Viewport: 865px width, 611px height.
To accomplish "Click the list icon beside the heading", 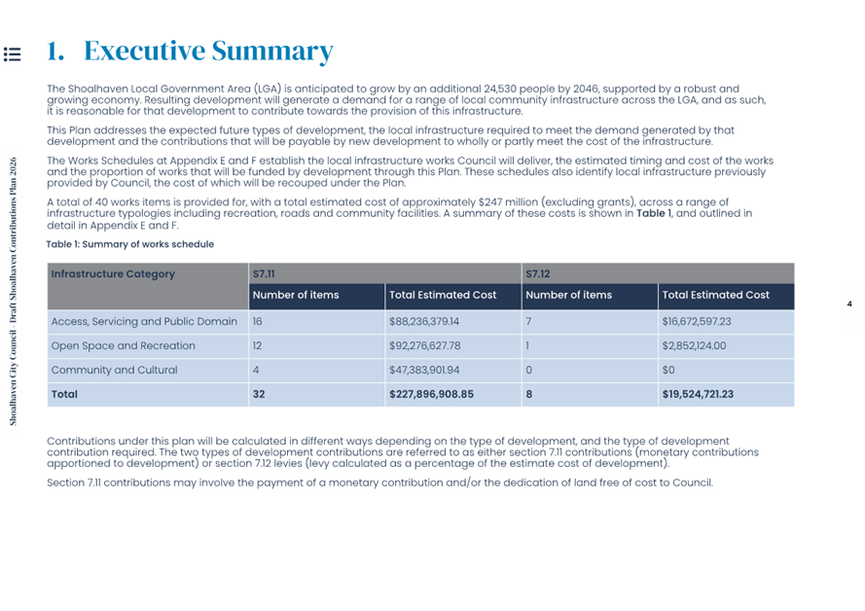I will [x=13, y=54].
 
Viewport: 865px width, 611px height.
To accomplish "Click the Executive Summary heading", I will [x=190, y=51].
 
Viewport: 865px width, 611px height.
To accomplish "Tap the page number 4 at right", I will [x=848, y=304].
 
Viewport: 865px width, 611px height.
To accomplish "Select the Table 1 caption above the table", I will [x=129, y=244].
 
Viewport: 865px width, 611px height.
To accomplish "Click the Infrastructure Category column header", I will [x=113, y=273].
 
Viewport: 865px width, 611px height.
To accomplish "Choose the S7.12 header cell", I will [x=537, y=273].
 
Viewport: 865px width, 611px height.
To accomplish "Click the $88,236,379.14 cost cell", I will [x=424, y=321].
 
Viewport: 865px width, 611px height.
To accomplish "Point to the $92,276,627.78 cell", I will [x=424, y=345].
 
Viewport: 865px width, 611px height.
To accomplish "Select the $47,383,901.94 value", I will [x=424, y=370].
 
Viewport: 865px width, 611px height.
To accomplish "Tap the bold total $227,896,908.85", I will [x=431, y=394].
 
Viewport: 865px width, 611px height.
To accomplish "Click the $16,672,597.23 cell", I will [x=696, y=321].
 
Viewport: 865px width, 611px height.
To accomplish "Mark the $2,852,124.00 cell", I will [x=693, y=345].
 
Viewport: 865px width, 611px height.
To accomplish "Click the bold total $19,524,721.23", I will [x=698, y=394].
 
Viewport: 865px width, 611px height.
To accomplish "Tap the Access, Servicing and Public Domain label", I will [x=144, y=321].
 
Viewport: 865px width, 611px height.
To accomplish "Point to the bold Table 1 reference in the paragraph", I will [x=653, y=213].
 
